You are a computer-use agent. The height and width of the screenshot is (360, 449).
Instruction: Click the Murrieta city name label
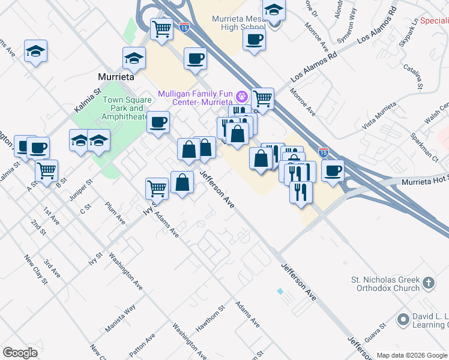(115, 77)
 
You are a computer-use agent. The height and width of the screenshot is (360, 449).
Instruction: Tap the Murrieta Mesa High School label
(238, 23)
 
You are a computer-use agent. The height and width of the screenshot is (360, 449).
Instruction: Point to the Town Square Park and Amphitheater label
(124, 109)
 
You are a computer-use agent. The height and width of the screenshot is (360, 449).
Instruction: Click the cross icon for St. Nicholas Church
(428, 282)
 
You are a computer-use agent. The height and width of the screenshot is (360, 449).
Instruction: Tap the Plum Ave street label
(115, 214)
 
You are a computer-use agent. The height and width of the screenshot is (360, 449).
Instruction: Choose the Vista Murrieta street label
(381, 116)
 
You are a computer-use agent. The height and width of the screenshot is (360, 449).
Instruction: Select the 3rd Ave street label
(52, 269)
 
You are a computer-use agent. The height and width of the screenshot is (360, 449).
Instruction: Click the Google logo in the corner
(20, 353)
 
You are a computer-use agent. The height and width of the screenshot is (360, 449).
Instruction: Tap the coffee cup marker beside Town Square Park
(158, 122)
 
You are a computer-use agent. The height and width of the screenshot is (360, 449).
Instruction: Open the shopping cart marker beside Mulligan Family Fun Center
(262, 98)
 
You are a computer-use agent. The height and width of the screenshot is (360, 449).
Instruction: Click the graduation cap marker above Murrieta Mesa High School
(274, 10)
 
